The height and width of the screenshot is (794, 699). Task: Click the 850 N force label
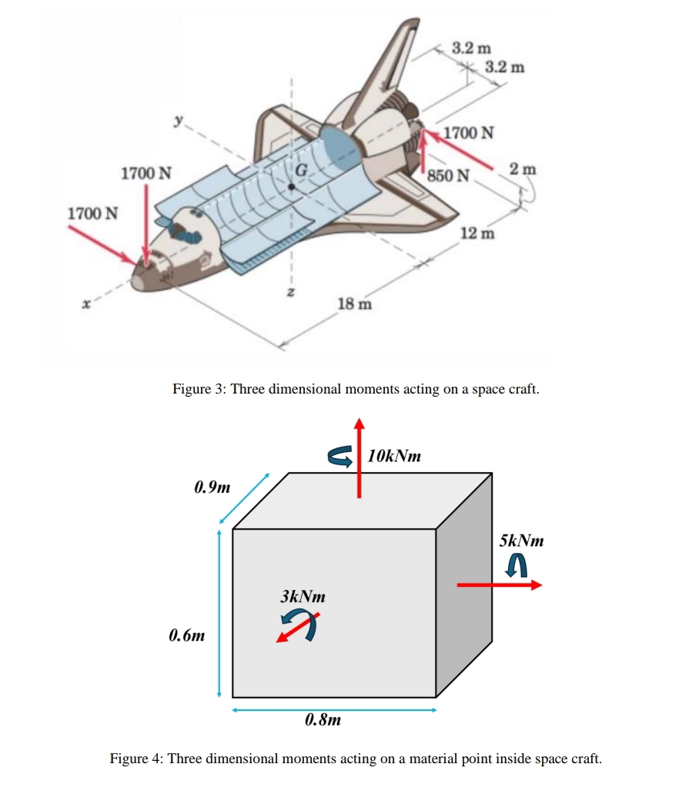pyautogui.click(x=448, y=175)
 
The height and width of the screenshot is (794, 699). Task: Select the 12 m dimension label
pyautogui.click(x=477, y=233)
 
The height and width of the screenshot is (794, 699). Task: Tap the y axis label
pyautogui.click(x=179, y=120)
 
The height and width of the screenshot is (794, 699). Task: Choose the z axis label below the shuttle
pyautogui.click(x=292, y=293)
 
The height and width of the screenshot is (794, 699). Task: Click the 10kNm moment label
pyautogui.click(x=394, y=456)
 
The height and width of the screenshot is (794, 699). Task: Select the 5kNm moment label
pyautogui.click(x=521, y=541)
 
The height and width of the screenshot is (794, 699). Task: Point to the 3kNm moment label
pyautogui.click(x=303, y=596)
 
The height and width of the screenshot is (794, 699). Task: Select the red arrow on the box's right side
pyautogui.click(x=499, y=585)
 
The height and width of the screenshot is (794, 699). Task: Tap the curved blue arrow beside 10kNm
pyautogui.click(x=339, y=457)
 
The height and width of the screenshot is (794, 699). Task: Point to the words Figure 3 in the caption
pyautogui.click(x=199, y=389)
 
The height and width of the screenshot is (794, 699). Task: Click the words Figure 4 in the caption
pyautogui.click(x=135, y=759)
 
